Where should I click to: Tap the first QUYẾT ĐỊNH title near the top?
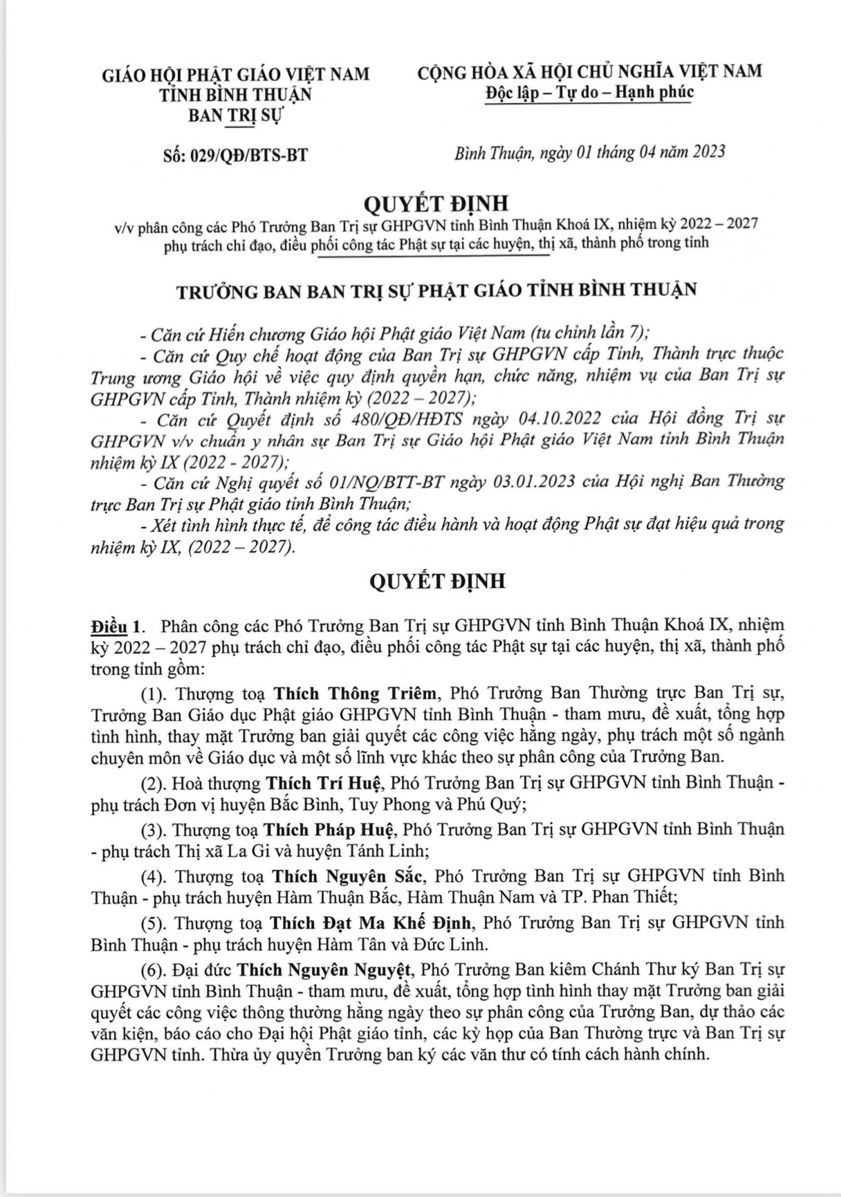tap(436, 203)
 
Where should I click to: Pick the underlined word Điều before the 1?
tap(109, 627)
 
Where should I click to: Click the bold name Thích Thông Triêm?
tap(355, 694)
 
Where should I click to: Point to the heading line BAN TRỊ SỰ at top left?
tap(236, 115)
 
